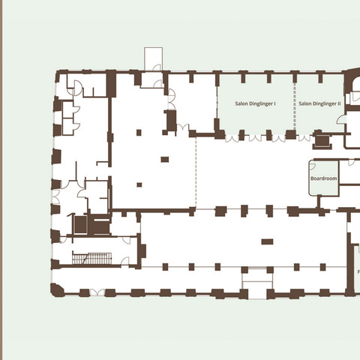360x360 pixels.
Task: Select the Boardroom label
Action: coord(324,179)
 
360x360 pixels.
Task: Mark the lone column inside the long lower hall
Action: coord(267,241)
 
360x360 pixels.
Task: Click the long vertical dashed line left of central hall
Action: coord(196,173)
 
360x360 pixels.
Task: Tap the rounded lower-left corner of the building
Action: coord(55,289)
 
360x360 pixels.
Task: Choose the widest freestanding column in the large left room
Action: coord(164,159)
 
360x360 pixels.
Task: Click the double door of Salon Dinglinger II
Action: coord(306,137)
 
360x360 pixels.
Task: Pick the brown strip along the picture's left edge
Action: coord(1,180)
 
